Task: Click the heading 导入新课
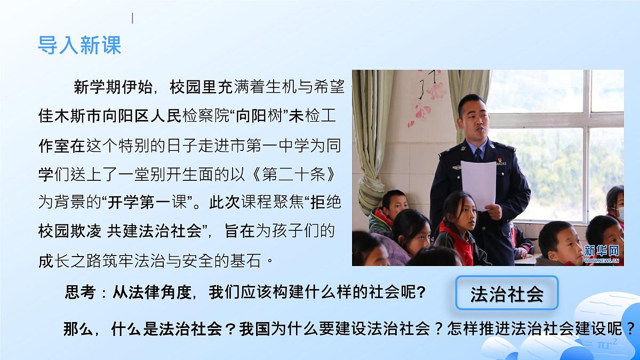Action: (79, 45)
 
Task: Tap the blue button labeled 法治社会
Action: (506, 293)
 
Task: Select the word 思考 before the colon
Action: (79, 293)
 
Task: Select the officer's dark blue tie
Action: (478, 155)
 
